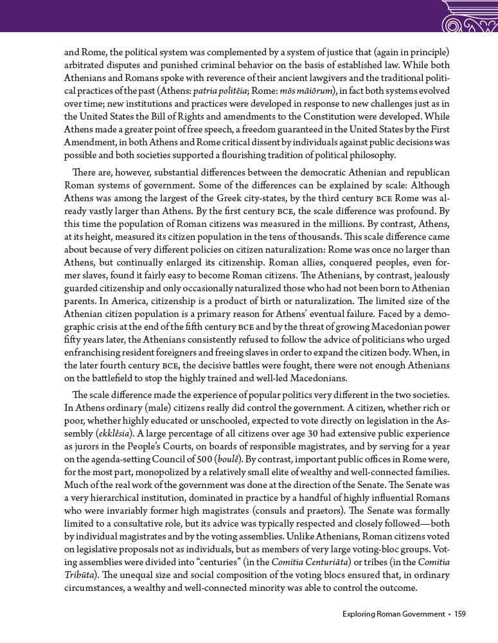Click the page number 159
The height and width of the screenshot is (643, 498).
click(459, 614)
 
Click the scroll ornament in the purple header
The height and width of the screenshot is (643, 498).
click(470, 17)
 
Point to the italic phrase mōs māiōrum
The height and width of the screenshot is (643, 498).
click(301, 89)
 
